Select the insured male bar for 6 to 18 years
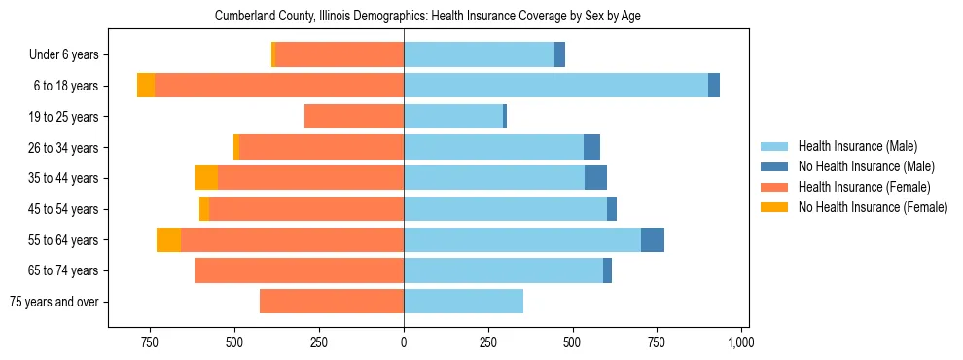pos(555,86)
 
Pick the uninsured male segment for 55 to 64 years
pos(653,239)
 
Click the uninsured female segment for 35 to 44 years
pos(206,178)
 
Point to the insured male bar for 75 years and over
pos(463,302)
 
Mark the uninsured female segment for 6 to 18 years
pos(146,86)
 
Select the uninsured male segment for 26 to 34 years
pos(591,147)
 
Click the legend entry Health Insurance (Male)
pos(857,146)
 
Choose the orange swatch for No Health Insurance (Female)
pos(774,207)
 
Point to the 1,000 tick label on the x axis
pos(741,342)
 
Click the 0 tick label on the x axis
pos(404,342)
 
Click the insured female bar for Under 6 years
pos(339,54)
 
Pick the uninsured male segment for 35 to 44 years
pos(595,178)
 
